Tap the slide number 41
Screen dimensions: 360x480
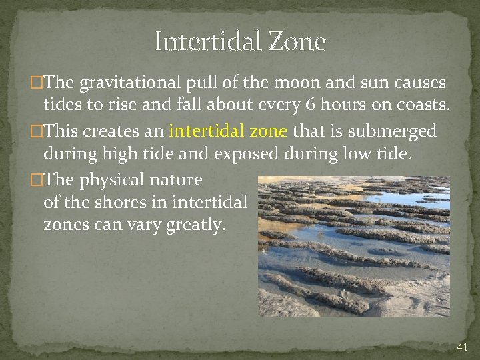(x=462, y=347)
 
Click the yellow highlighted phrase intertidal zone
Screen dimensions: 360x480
(x=229, y=130)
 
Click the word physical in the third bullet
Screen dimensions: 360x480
(x=110, y=179)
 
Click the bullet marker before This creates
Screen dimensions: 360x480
(x=37, y=131)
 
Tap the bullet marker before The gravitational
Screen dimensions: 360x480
(x=37, y=84)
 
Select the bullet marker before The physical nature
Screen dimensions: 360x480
(x=37, y=180)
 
